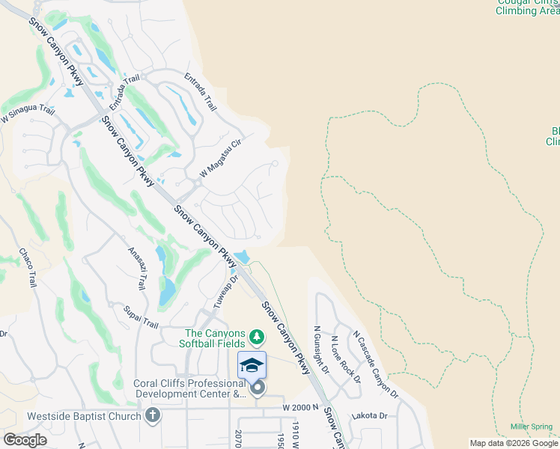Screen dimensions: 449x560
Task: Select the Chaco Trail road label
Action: pyautogui.click(x=27, y=267)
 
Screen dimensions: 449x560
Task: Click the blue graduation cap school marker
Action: pyautogui.click(x=252, y=364)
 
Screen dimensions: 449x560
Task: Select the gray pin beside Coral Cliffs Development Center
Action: pyautogui.click(x=258, y=387)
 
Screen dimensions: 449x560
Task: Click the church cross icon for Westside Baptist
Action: pyautogui.click(x=153, y=415)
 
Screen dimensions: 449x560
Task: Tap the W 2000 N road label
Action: pyautogui.click(x=300, y=407)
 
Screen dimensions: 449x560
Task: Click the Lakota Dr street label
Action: pyautogui.click(x=372, y=415)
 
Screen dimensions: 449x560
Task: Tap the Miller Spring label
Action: pyautogui.click(x=532, y=427)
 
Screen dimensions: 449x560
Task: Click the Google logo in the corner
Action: pyautogui.click(x=25, y=440)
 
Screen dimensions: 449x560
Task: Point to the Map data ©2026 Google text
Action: pyautogui.click(x=514, y=443)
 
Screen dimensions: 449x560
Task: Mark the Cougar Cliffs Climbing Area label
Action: pyautogui.click(x=528, y=7)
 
